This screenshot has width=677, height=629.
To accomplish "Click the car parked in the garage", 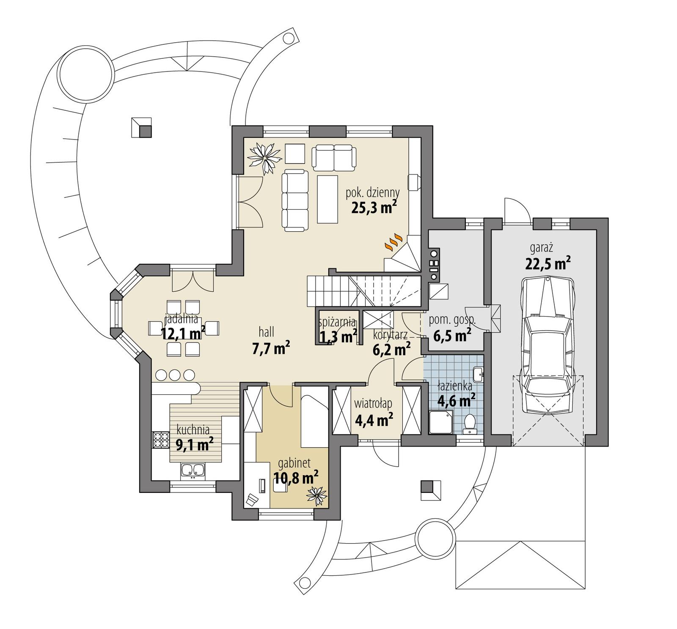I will pos(548,345).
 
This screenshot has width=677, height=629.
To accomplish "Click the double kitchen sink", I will pos(193,470).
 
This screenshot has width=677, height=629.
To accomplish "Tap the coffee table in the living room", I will pos(327,200).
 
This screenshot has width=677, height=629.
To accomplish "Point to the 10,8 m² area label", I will pos(296,478).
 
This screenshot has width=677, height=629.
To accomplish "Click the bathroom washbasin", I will pos(478,373).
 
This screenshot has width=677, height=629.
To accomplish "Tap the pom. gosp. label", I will pos(452,320).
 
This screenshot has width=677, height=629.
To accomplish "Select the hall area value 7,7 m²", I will pos(271,349).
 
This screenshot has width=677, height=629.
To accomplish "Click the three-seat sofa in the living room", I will pos(295,200).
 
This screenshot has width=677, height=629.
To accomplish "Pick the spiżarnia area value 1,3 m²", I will pos(338,337).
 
